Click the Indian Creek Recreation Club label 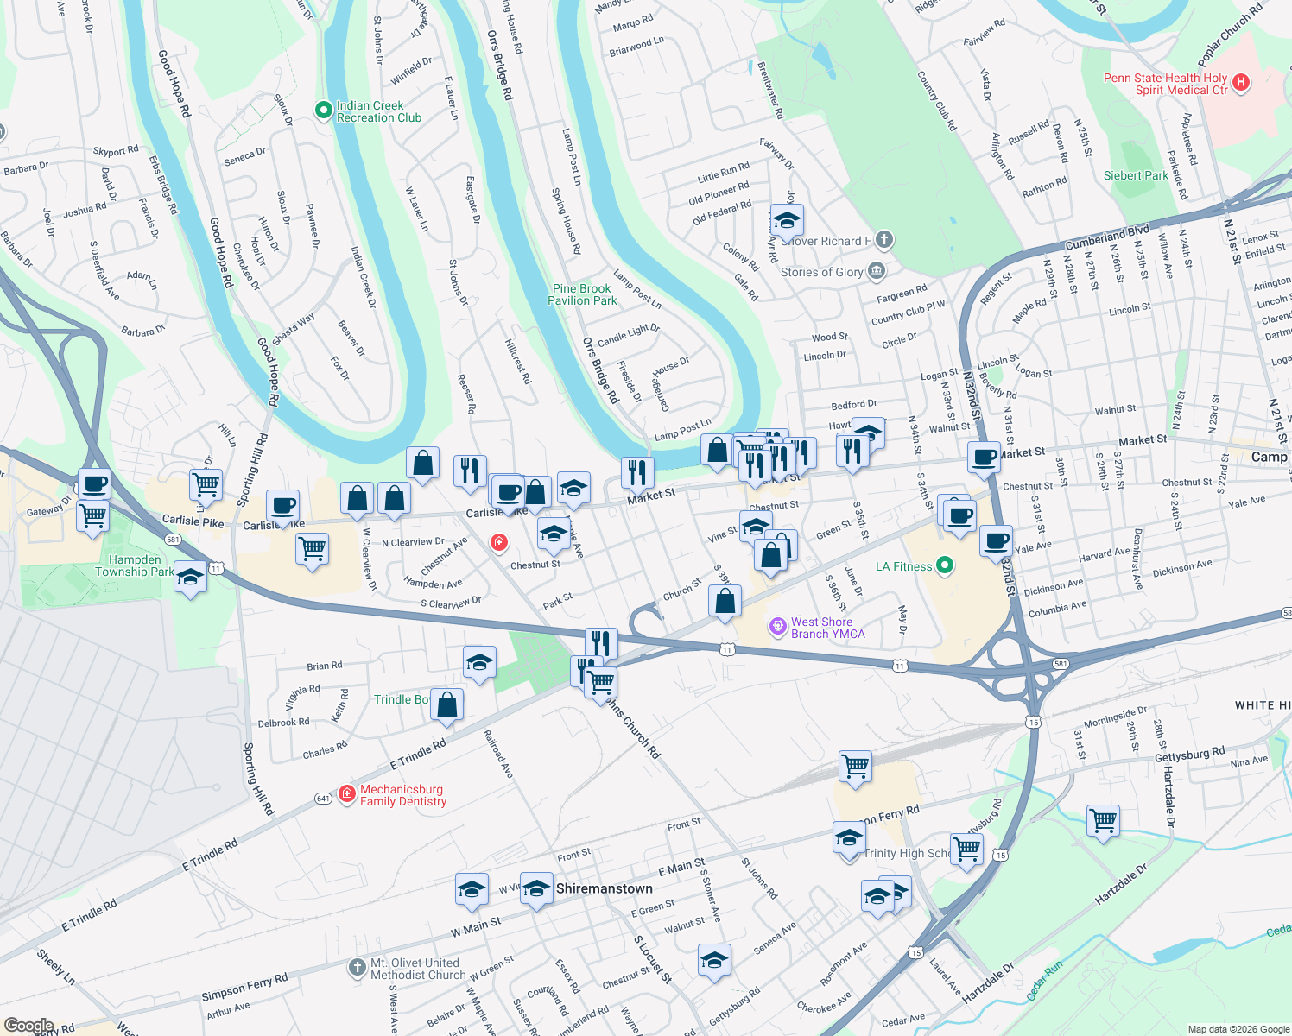point(378,111)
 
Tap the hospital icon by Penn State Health point(1241,83)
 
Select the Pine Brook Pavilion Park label point(582,294)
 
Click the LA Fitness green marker point(945,566)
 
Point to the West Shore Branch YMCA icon point(778,625)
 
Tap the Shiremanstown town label point(605,888)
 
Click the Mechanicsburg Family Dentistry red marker point(347,793)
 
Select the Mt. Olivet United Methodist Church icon point(358,968)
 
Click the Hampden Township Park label point(135,565)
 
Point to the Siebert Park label point(1136,175)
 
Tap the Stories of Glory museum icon point(877,271)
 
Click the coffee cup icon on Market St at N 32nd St point(984,458)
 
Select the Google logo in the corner point(28,1026)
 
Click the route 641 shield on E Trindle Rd point(323,799)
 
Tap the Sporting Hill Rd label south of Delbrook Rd point(258,780)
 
